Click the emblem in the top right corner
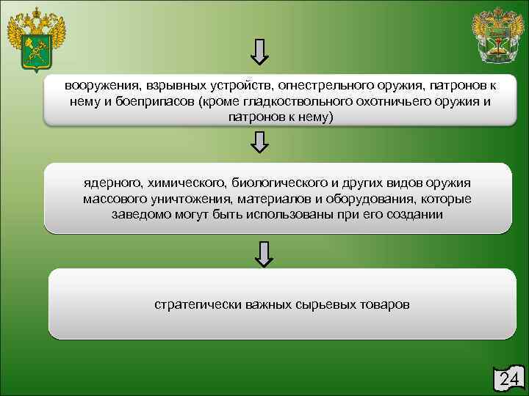point(497,36)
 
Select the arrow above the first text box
point(260,51)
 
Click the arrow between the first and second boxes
point(260,141)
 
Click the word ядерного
point(112,183)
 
